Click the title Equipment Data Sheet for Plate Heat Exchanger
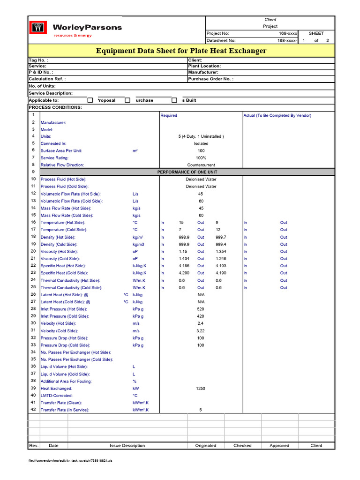tap(181, 51)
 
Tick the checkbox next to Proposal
tap(90, 100)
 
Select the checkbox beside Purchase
tap(127, 100)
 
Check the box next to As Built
tap(174, 100)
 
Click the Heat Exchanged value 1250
tap(201, 389)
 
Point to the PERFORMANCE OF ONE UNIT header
tap(201, 172)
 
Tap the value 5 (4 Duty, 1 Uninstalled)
tap(201, 136)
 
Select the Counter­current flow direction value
tap(201, 165)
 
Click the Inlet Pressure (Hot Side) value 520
tap(201, 309)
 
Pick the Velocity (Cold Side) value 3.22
tap(201, 331)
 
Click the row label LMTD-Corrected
tap(57, 396)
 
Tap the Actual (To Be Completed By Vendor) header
tap(277, 115)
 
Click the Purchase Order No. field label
tap(210, 79)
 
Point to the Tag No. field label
tap(38, 60)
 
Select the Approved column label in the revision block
tap(279, 446)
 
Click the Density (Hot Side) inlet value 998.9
tap(184, 238)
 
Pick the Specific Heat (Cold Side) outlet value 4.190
tap(221, 273)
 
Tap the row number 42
tap(33, 410)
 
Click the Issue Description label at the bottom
tap(127, 446)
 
